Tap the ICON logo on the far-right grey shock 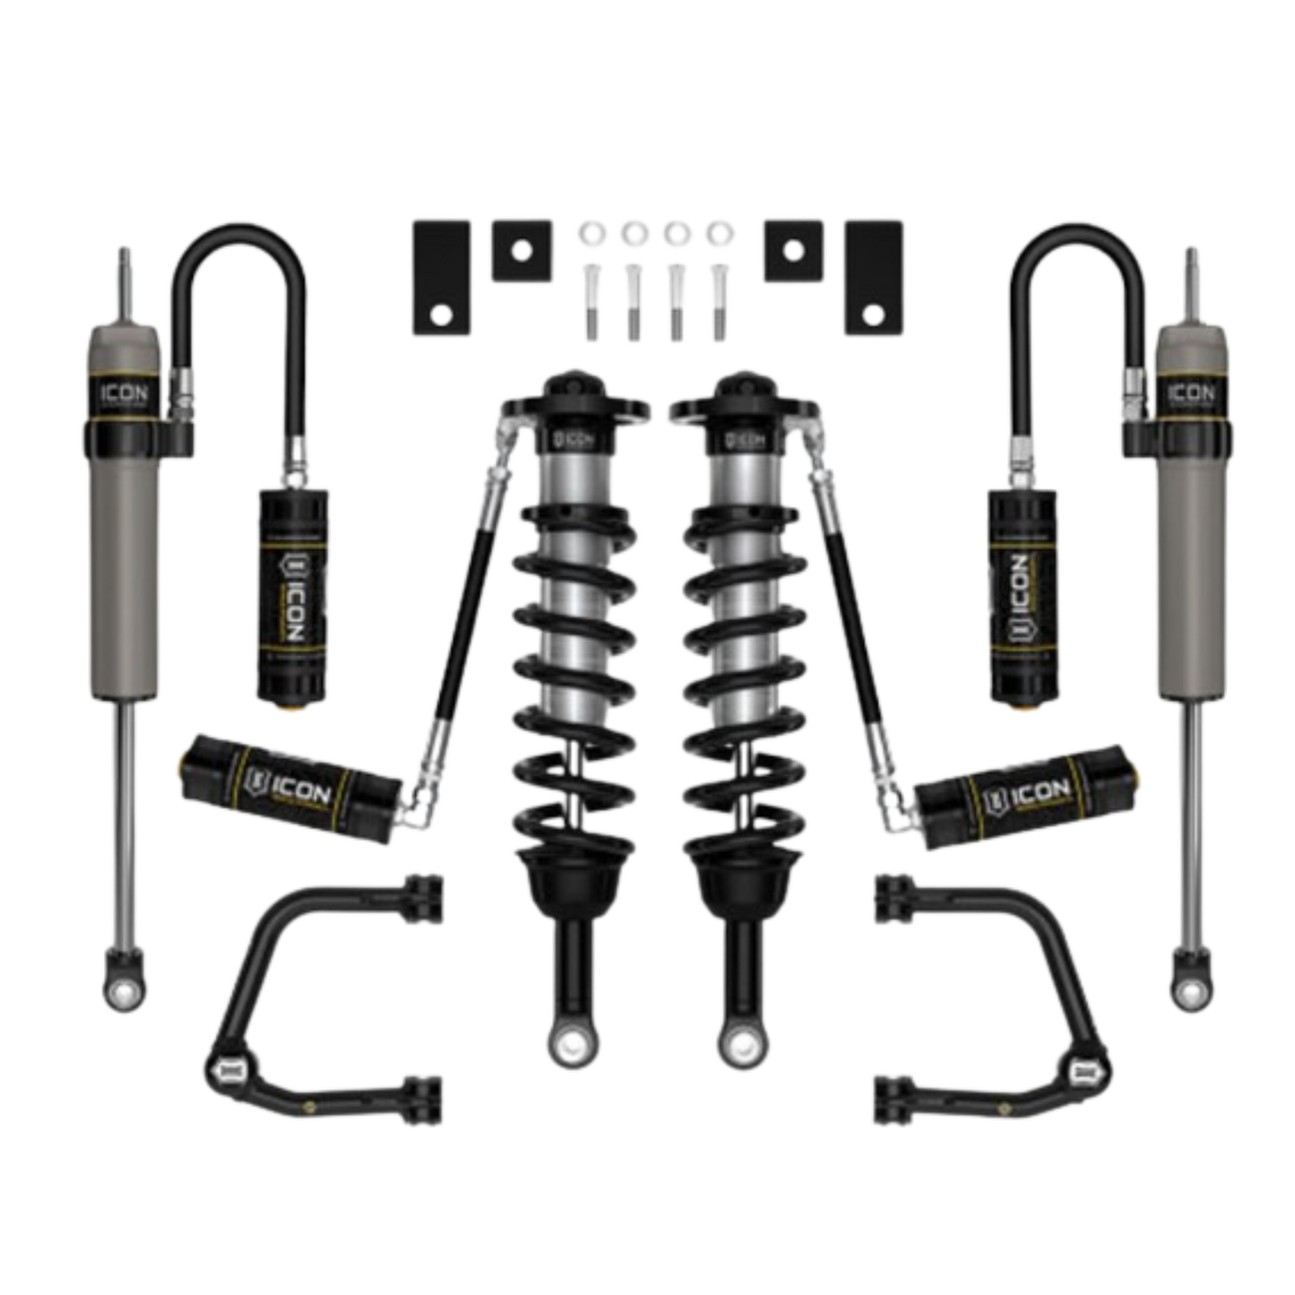(1191, 393)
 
